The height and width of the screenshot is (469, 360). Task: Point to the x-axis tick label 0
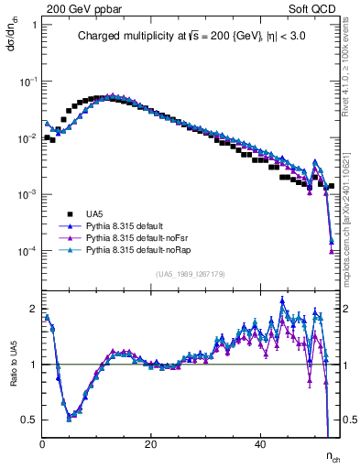tap(42, 444)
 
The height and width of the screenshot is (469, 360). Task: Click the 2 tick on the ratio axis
tap(32, 308)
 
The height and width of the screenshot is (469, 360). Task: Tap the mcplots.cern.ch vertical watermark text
tap(352, 202)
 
